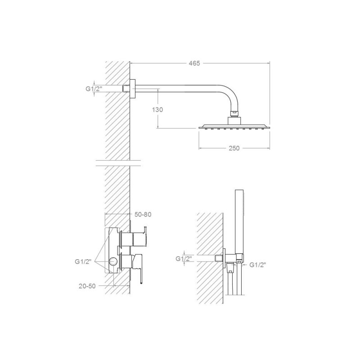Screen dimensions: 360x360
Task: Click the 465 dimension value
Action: click(194, 63)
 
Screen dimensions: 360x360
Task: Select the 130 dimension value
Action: click(157, 110)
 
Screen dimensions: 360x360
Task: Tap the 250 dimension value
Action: click(234, 148)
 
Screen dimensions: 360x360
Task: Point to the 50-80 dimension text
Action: click(143, 215)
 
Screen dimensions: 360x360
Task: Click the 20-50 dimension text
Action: click(87, 286)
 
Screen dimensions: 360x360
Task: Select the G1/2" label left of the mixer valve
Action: click(83, 261)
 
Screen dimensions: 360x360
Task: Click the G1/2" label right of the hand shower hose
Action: click(257, 265)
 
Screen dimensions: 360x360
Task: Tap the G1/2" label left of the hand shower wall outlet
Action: click(184, 259)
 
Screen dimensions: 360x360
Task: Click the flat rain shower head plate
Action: click(234, 126)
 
